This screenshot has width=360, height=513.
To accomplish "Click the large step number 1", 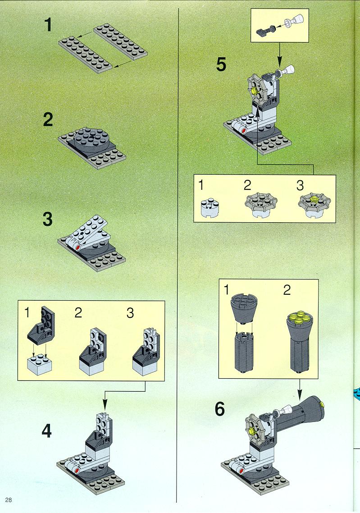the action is coord(48,25).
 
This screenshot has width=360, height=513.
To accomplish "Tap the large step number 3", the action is coord(48,219).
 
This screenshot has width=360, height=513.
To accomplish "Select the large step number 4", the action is coord(47,431).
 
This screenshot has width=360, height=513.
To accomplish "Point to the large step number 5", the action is coord(221,64).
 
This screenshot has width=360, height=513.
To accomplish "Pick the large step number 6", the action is coord(220,409).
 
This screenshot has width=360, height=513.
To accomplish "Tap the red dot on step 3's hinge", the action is coord(78,249).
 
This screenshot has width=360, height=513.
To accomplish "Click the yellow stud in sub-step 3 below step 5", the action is coord(314,199).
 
